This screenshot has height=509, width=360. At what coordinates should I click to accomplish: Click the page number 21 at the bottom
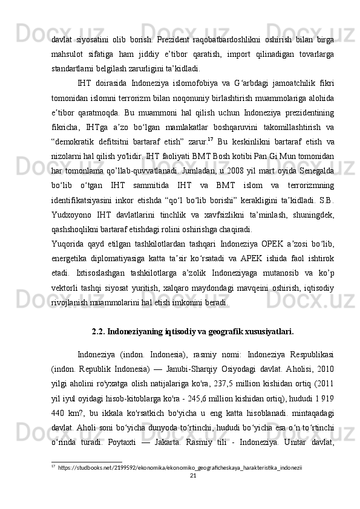coord(194,493)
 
